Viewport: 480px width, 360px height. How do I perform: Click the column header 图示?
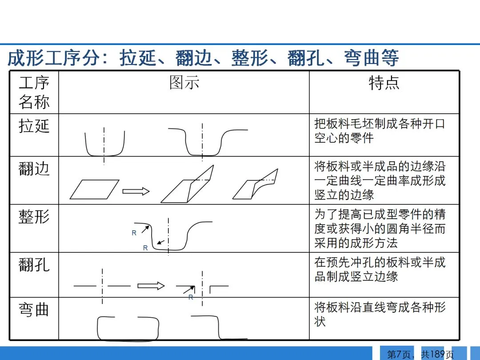tap(184, 83)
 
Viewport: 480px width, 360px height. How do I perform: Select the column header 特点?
tap(384, 83)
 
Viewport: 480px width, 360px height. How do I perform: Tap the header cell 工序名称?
tap(34, 92)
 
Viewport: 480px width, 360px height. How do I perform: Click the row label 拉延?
tap(34, 126)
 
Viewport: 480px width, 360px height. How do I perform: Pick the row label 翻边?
tap(34, 169)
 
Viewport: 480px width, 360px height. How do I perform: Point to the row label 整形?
tap(34, 217)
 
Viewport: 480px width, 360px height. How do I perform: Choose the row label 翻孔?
tap(34, 265)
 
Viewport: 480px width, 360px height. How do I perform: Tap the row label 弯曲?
tap(34, 309)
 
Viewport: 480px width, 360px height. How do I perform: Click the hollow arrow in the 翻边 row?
tap(136, 191)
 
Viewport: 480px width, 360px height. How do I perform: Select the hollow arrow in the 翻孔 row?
tap(151, 286)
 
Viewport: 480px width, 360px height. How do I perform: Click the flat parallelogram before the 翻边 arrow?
tap(94, 189)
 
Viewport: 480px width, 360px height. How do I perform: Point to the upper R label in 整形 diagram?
tap(134, 233)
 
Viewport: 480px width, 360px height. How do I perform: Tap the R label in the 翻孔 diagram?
tap(191, 297)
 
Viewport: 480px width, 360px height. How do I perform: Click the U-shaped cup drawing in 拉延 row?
tap(105, 143)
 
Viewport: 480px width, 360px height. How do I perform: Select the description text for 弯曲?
tap(380, 314)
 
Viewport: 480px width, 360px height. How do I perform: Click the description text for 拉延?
tap(380, 131)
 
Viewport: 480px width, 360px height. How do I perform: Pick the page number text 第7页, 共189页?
tap(420, 354)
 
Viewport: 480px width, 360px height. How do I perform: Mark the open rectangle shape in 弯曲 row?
tap(128, 328)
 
